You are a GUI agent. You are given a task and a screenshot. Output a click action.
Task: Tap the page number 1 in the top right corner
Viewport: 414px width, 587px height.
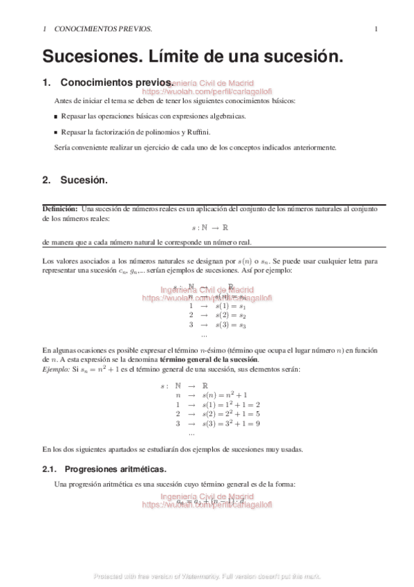tap(375, 29)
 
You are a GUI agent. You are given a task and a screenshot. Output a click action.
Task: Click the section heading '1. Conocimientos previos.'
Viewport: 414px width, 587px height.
tap(107, 82)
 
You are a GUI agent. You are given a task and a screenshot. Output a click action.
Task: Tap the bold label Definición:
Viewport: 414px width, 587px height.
tap(60, 208)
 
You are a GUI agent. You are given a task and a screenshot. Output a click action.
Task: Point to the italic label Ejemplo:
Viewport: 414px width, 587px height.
tap(56, 370)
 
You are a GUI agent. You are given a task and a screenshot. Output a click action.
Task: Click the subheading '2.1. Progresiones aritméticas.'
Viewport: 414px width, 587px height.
tap(104, 469)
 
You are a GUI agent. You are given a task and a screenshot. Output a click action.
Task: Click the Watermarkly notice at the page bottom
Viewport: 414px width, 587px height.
tap(207, 576)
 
